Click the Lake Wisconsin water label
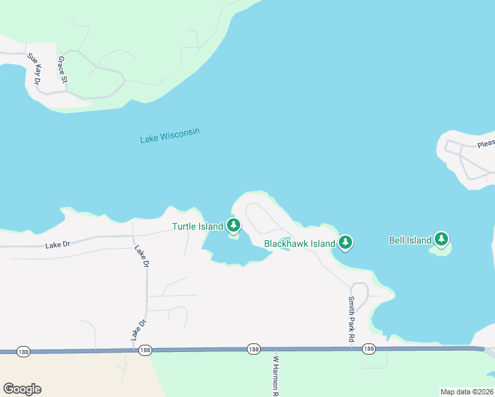pyautogui.click(x=169, y=136)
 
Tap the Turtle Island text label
pyautogui.click(x=197, y=226)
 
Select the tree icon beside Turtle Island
pyautogui.click(x=233, y=225)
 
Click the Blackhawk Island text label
pyautogui.click(x=299, y=243)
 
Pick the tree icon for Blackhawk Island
pyautogui.click(x=345, y=243)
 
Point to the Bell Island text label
pyautogui.click(x=410, y=240)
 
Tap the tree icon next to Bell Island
pyautogui.click(x=441, y=239)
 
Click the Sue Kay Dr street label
pyautogui.click(x=34, y=69)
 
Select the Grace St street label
pyautogui.click(x=63, y=70)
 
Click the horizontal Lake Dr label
pyautogui.click(x=58, y=245)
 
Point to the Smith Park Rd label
pyautogui.click(x=351, y=319)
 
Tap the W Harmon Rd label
pyautogui.click(x=276, y=376)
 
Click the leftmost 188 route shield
pyautogui.click(x=24, y=351)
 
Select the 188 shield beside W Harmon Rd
pyautogui.click(x=253, y=349)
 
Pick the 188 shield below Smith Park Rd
pyautogui.click(x=369, y=349)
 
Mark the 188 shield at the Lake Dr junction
pyautogui.click(x=145, y=350)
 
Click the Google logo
pyautogui.click(x=22, y=388)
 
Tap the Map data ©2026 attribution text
pyautogui.click(x=467, y=392)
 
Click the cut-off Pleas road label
pyautogui.click(x=486, y=144)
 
